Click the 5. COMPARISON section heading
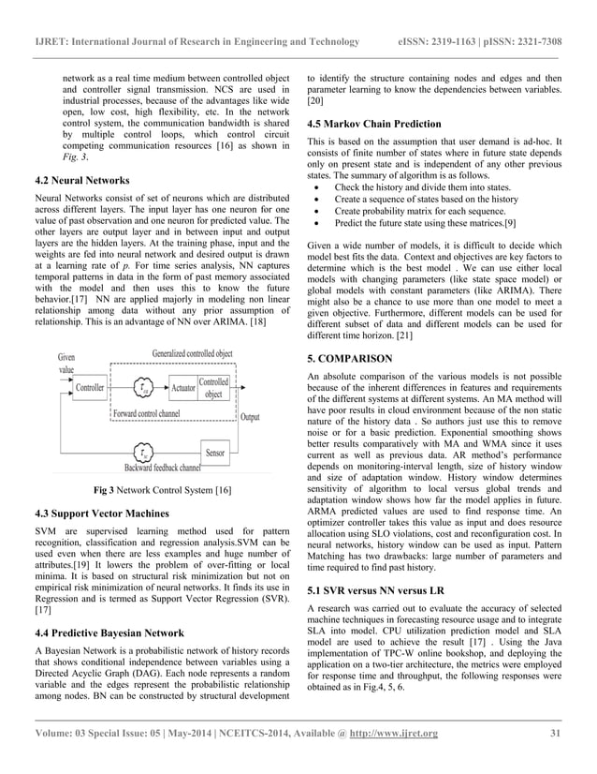[352, 358]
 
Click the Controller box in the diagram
[90, 387]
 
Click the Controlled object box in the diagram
[214, 387]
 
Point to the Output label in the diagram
[251, 417]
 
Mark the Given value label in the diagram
[66, 363]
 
